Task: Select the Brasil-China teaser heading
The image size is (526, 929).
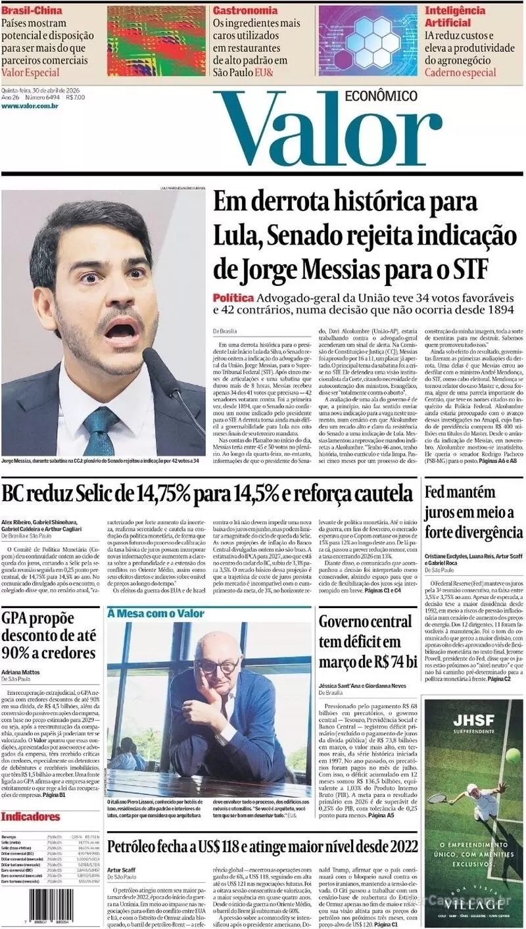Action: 32,11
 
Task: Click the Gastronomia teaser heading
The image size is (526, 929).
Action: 245,11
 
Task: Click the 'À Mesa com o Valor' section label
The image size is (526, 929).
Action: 156,613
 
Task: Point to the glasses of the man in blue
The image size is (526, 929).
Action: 217,666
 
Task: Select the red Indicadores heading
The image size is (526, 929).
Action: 30,817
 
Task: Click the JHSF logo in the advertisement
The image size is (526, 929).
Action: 473,721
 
